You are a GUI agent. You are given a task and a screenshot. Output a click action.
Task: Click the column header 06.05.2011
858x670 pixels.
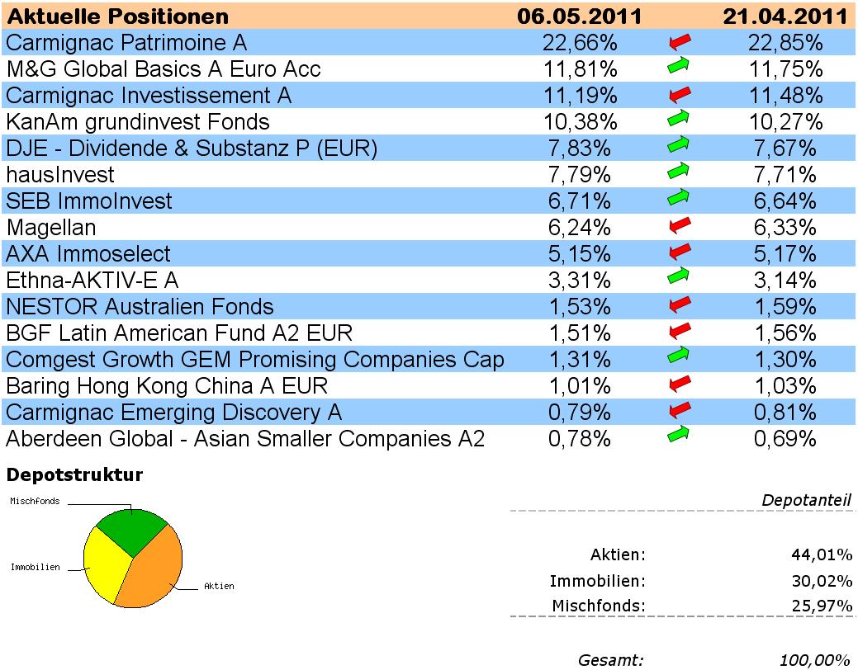579,17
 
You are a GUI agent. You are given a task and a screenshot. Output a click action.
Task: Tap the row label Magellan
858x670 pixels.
51,227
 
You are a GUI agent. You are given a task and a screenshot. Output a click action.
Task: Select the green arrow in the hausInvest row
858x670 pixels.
678,172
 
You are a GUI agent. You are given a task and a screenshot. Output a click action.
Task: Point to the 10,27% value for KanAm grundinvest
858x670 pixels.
788,122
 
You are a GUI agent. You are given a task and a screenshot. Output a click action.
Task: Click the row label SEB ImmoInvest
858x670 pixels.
89,201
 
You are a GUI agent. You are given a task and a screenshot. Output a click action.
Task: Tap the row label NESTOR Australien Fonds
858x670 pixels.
140,307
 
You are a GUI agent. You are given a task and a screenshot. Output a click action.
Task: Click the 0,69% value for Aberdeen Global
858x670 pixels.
788,439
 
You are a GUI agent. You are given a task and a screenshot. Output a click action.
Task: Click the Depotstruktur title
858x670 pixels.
74,474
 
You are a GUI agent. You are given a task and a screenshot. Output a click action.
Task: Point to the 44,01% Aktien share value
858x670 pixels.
821,554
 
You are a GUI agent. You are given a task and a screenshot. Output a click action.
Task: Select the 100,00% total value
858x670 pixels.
814,659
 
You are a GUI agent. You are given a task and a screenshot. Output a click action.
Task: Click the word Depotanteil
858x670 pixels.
807,500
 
